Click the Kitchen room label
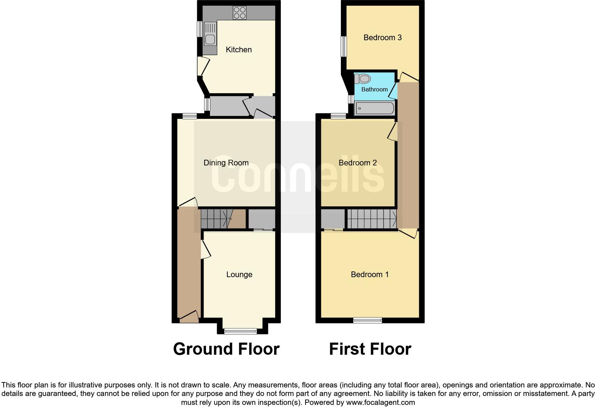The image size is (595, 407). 238,50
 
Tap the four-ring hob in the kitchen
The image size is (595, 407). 239,13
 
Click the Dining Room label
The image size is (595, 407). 226,163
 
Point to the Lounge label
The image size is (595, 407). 239,275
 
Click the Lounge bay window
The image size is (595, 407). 241,331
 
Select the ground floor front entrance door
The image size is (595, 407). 189,317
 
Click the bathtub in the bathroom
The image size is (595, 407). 375,108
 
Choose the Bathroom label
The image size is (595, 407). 374,90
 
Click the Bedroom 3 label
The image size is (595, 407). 383,38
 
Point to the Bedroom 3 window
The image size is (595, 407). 344,46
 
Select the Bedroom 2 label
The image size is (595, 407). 358,163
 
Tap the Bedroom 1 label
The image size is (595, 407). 370,275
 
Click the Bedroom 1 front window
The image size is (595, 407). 368,320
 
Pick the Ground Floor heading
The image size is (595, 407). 226,349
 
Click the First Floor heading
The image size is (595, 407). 370,349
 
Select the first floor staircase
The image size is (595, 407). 372,218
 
